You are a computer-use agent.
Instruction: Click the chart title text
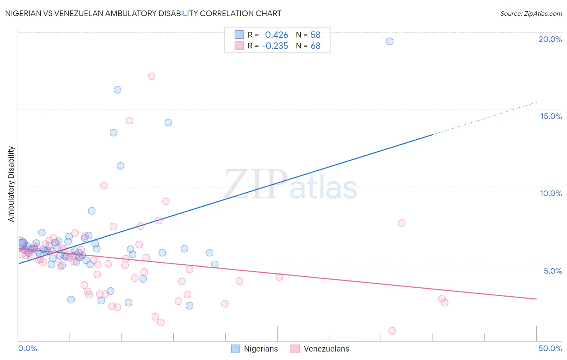coord(143,13)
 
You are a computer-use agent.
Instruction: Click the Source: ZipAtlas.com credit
coord(531,13)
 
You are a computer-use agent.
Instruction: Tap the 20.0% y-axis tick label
coord(550,39)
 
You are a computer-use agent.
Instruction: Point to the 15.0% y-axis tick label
coord(551,116)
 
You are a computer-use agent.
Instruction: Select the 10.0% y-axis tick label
coord(551,193)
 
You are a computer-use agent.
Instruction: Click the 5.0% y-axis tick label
coord(552,271)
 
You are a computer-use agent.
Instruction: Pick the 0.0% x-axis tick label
coord(27,348)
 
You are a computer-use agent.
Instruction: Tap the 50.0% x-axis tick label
coord(550,348)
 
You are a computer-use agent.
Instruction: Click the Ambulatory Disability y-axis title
coord(11,184)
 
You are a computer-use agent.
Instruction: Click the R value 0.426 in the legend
coord(277,35)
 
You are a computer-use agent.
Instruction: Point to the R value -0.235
coord(275,46)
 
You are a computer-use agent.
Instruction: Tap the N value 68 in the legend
coord(315,46)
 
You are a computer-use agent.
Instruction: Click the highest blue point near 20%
coord(390,41)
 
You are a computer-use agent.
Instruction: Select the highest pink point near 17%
coord(152,76)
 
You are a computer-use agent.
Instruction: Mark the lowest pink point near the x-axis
coord(392,331)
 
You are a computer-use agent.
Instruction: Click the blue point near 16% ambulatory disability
coord(117,90)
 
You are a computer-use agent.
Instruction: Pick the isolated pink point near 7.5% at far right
coord(402,223)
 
